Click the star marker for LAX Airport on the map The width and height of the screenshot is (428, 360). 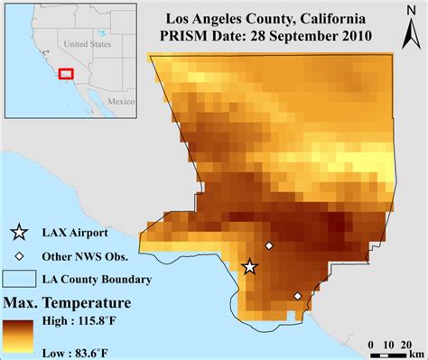[250, 266]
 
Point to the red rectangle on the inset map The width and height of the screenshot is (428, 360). [65, 74]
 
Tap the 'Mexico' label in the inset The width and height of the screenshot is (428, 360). [121, 103]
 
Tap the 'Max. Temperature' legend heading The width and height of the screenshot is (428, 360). [67, 300]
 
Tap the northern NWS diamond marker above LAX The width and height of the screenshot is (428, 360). [268, 245]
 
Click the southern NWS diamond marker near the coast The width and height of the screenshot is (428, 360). [298, 296]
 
